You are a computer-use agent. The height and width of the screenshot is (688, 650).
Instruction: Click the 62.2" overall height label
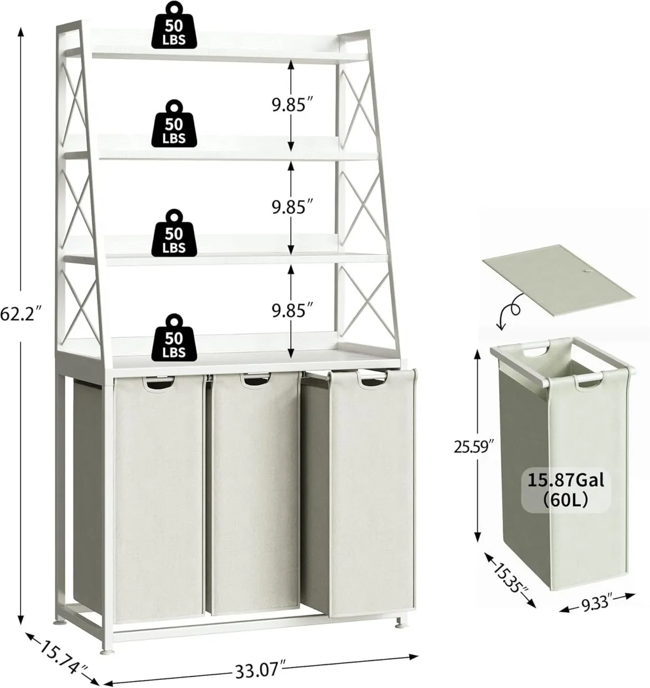(x=21, y=314)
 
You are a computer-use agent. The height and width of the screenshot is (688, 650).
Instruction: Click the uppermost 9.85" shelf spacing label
(x=292, y=105)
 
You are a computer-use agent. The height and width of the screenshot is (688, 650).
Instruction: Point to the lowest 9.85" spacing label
(x=292, y=310)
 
